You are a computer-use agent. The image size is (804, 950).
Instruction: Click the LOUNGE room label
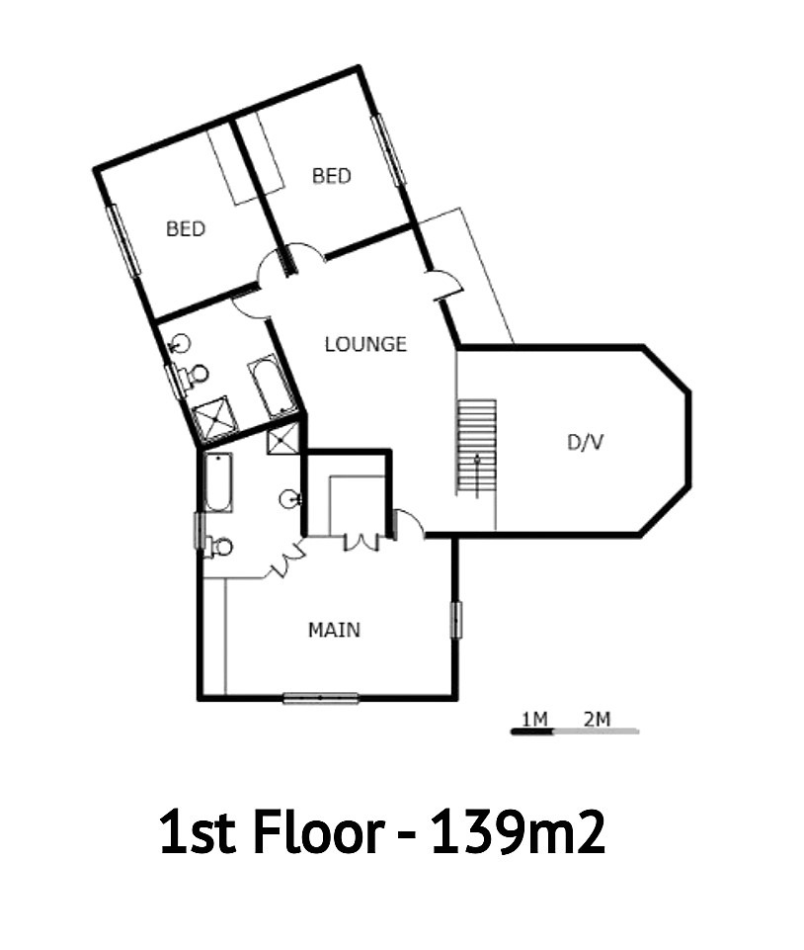pyautogui.click(x=365, y=344)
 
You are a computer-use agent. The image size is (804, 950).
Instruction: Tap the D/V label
pyautogui.click(x=585, y=442)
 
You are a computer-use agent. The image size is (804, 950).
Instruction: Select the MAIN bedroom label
pyautogui.click(x=334, y=630)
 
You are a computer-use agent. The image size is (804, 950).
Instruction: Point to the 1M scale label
pyautogui.click(x=534, y=719)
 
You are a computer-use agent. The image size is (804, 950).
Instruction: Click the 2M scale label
pyautogui.click(x=597, y=719)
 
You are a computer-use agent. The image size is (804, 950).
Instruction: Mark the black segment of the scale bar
pyautogui.click(x=532, y=732)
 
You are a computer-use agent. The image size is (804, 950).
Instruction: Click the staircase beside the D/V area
pyautogui.click(x=476, y=447)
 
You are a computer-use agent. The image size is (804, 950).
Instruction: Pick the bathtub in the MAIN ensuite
pyautogui.click(x=217, y=482)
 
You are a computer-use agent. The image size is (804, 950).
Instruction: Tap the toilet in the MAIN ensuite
pyautogui.click(x=218, y=547)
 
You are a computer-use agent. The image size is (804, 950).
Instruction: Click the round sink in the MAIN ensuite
pyautogui.click(x=290, y=499)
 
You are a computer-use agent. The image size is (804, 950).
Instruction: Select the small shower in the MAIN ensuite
pyautogui.click(x=282, y=439)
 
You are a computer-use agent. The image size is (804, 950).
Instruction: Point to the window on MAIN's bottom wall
pyautogui.click(x=321, y=698)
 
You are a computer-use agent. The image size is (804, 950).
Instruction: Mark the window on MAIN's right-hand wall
pyautogui.click(x=456, y=620)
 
